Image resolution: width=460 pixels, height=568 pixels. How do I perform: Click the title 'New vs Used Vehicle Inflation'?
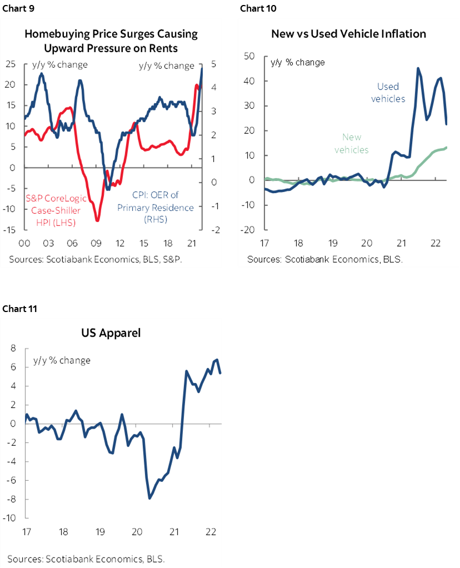(x=348, y=34)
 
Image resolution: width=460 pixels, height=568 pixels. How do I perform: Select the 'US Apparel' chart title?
(x=111, y=333)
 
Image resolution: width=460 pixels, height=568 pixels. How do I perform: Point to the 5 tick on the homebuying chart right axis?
(x=214, y=64)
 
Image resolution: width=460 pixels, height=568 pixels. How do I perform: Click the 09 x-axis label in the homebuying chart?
(x=96, y=243)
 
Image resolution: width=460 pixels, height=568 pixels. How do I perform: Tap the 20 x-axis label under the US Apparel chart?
(x=137, y=531)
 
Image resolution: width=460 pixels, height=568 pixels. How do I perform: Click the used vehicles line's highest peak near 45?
(x=418, y=68)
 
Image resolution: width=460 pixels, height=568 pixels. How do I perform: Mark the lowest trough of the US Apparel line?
(x=149, y=498)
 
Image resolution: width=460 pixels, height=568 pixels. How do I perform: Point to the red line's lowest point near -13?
(x=98, y=220)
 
